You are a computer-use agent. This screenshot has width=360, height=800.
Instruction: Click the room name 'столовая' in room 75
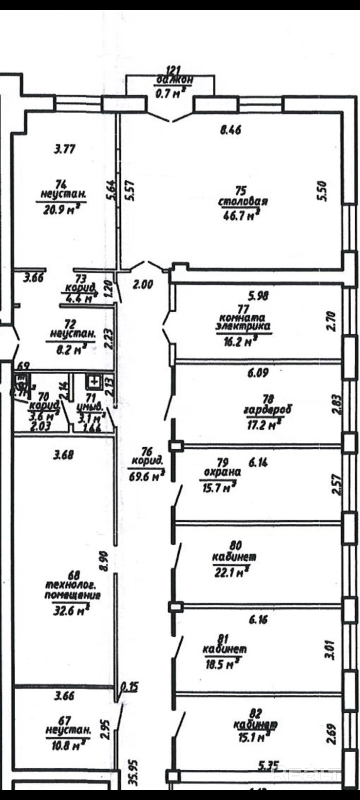tap(243, 202)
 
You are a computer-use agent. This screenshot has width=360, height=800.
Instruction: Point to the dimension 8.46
tap(230, 130)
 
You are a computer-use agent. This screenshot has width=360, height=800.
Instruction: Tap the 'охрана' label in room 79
tap(222, 472)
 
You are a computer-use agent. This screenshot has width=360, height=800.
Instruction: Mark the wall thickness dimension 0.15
tap(130, 687)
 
